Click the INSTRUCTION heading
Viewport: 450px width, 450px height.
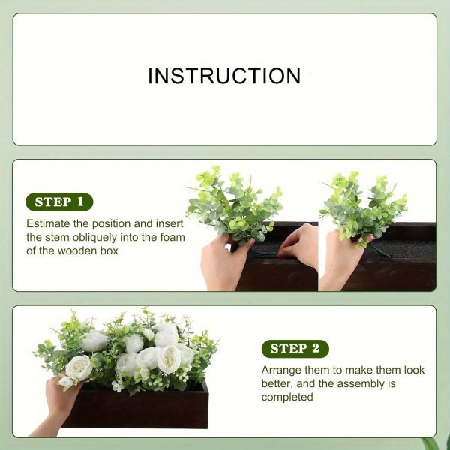pos(224,76)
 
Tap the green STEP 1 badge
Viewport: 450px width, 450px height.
pos(59,202)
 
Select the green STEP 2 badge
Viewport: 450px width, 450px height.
pos(295,348)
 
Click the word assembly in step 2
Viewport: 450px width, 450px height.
pos(355,383)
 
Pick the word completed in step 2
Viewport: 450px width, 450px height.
pos(287,397)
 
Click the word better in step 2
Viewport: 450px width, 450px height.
pos(277,383)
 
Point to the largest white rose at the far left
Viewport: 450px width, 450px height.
pos(78,367)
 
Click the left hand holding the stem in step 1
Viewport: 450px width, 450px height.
pos(223,262)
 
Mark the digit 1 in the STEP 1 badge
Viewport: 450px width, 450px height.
pos(81,202)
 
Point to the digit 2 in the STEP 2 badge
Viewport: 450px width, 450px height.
pos(316,348)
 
